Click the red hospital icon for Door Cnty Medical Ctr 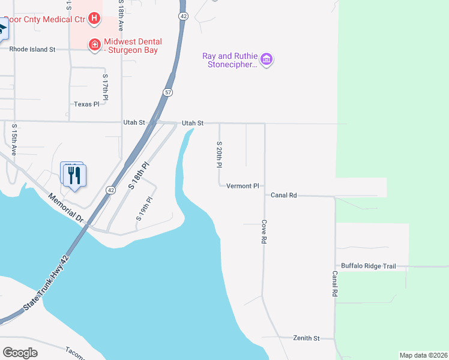coord(94,19)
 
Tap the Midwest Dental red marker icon coord(94,45)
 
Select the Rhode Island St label coord(32,49)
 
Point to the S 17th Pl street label coord(106,87)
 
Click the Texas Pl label coord(86,104)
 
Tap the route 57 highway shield coord(167,92)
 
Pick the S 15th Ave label coord(14,140)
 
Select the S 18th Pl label coord(138,176)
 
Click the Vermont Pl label coord(243,186)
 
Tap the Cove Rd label coord(264,231)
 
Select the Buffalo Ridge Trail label coord(369,266)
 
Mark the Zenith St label coord(307,338)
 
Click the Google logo coord(20,353)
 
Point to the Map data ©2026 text coord(423,355)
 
